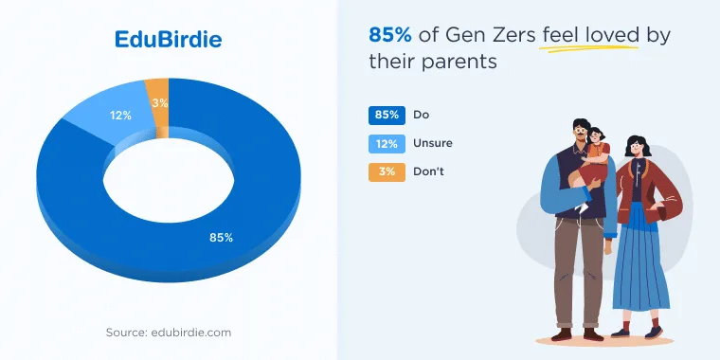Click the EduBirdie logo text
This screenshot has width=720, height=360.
168,40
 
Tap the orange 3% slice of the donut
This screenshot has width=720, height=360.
158,105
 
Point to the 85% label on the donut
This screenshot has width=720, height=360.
222,238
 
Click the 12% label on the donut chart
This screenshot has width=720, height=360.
120,116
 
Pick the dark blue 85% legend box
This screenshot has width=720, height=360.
387,116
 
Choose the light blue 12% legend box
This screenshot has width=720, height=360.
387,144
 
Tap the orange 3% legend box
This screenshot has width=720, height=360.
387,172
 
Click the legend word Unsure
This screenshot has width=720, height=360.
433,143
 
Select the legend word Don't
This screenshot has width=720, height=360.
428,171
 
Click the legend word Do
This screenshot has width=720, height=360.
421,115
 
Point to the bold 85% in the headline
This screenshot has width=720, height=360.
390,35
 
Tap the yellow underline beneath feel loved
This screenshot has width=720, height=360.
589,47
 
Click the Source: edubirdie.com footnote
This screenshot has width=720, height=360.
169,333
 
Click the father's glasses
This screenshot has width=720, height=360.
580,131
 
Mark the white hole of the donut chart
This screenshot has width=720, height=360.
169,180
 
